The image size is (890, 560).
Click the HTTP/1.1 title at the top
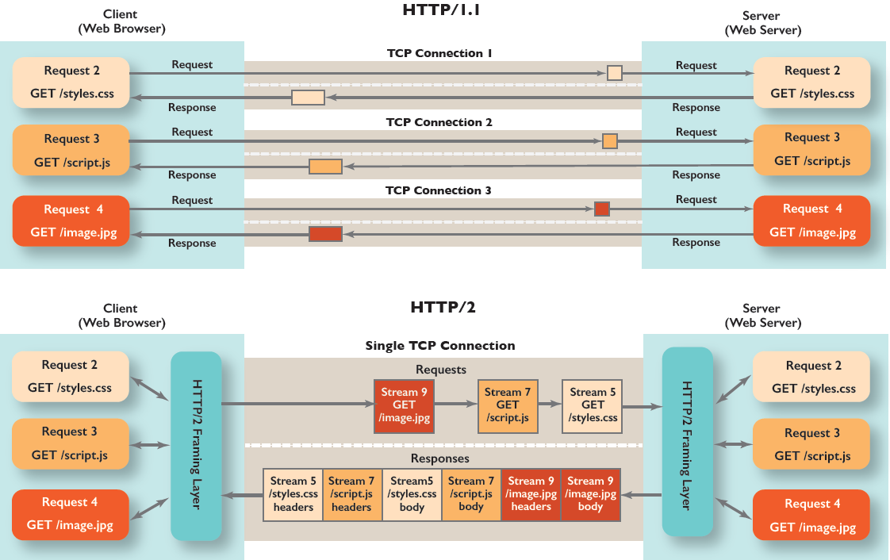[x=443, y=11]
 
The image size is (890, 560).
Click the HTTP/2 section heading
[x=443, y=307]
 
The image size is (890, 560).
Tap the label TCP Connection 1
[x=439, y=53]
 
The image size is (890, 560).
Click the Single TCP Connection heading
[x=439, y=346]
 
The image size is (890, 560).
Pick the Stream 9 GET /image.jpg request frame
[x=405, y=405]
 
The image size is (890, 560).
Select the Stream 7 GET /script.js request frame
[x=508, y=405]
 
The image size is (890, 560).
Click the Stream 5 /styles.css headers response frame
[x=293, y=494]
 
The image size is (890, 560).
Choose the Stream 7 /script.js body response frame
[x=471, y=494]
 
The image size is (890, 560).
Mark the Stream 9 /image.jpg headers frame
[x=531, y=494]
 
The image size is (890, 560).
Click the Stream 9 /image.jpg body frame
[x=590, y=494]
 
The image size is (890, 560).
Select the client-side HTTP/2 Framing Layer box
[x=196, y=446]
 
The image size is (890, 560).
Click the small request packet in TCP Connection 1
[x=614, y=73]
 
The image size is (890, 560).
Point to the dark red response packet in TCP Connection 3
[x=325, y=234]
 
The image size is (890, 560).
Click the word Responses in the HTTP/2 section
[x=439, y=458]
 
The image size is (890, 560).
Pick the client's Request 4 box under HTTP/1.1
[x=71, y=221]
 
